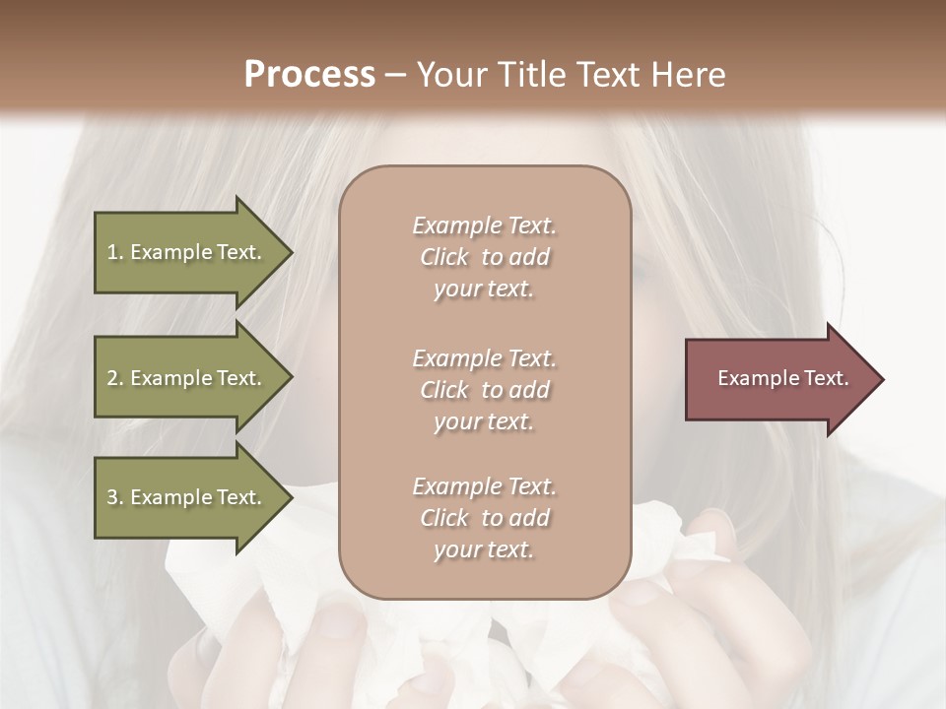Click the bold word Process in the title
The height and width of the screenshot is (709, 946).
tap(309, 74)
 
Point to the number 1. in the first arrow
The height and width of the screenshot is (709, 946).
tap(115, 252)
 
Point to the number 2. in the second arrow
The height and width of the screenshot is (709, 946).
tap(115, 378)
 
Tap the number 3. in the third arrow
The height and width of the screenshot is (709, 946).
tap(115, 497)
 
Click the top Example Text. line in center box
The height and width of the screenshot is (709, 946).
tap(484, 226)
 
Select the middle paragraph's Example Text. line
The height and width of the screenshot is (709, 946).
tap(484, 358)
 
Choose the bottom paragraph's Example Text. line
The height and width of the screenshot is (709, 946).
tap(484, 486)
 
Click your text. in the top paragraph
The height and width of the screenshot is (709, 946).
tap(484, 290)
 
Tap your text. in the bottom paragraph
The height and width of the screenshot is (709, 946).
tap(484, 549)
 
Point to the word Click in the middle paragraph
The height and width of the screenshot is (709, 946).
tap(444, 390)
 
